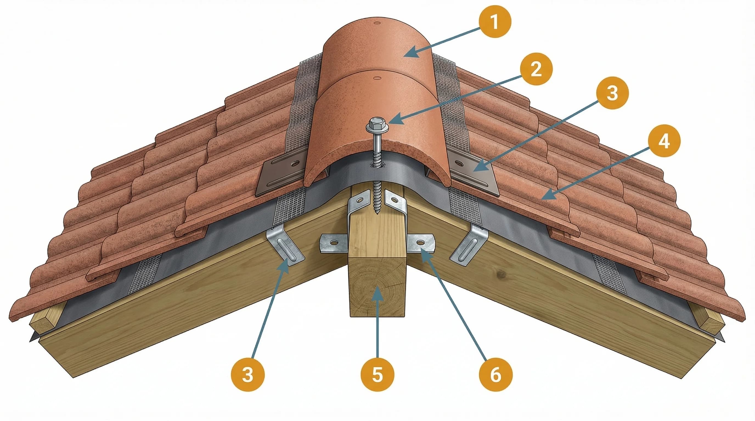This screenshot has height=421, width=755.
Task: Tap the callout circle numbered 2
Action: point(536,69)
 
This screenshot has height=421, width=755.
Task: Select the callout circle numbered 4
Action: point(664,141)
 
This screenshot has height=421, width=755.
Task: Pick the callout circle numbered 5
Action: point(377,375)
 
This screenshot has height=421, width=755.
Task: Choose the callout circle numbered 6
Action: point(496,375)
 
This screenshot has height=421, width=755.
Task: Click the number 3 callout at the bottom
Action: point(248,375)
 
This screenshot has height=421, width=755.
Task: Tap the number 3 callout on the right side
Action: point(612,93)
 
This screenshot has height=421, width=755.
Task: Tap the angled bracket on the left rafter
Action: point(286,248)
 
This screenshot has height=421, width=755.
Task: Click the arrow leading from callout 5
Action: point(377,322)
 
